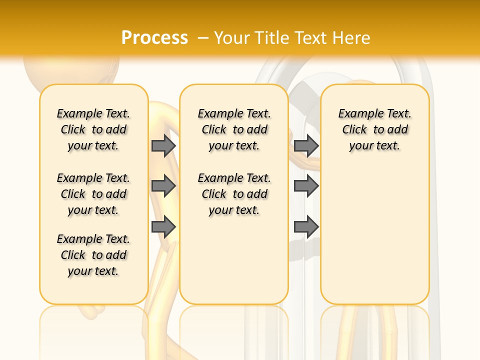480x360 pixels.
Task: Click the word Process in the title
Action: point(154,38)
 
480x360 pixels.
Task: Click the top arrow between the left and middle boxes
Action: point(163,145)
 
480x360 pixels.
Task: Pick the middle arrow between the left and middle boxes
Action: point(163,186)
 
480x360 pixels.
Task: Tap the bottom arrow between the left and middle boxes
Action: point(163,227)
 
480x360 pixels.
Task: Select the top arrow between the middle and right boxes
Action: point(306,145)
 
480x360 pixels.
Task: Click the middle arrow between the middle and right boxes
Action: point(306,186)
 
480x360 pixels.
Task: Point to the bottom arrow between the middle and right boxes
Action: point(306,227)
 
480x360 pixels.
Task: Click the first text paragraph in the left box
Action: point(93,129)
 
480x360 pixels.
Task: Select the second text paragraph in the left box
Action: point(93,194)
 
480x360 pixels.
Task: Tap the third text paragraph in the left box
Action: point(93,255)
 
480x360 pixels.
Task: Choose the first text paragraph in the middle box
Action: point(234,129)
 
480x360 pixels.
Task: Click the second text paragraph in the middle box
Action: point(234,194)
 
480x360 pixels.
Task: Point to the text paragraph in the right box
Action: point(375,129)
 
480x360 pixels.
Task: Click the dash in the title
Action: point(203,38)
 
